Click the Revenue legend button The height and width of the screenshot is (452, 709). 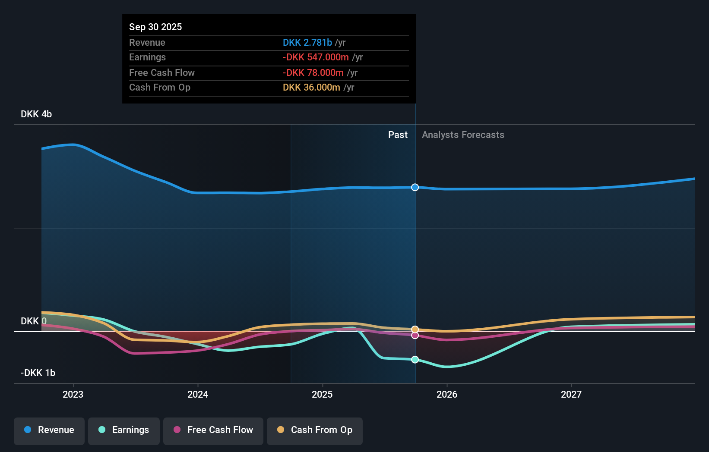tap(49, 430)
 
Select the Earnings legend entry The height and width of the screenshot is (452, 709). tap(124, 430)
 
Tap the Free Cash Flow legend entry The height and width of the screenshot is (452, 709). tap(213, 430)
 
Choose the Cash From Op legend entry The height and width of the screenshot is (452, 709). tap(315, 430)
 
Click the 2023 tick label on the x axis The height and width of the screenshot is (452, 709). tap(73, 394)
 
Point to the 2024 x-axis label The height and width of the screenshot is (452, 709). tap(198, 394)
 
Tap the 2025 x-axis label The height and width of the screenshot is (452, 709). tap(322, 394)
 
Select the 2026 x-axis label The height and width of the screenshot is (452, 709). tap(447, 394)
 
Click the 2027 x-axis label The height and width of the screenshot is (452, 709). tap(571, 394)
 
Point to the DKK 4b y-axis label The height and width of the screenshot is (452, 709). tap(36, 114)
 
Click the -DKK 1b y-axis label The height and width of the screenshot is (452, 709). tap(38, 373)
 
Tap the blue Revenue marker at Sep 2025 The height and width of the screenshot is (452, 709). tap(415, 187)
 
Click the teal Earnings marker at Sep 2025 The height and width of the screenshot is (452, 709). tap(415, 360)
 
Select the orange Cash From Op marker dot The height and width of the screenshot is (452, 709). tap(415, 330)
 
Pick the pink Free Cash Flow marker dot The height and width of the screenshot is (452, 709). tap(415, 336)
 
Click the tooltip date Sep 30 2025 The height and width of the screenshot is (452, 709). tap(155, 27)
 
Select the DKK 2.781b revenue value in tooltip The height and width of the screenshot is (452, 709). tap(307, 42)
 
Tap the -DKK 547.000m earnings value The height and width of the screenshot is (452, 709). tap(316, 57)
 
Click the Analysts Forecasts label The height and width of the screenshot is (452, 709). tap(463, 135)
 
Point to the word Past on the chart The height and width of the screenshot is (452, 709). tap(398, 135)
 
